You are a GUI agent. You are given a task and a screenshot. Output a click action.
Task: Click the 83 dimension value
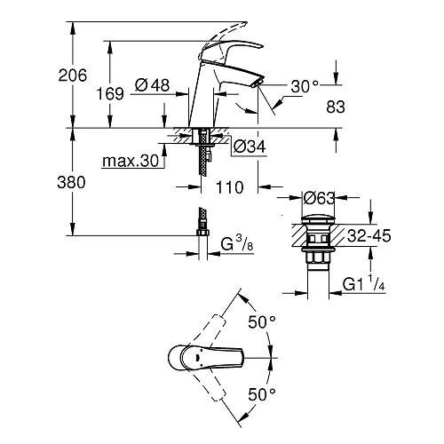[x=337, y=104]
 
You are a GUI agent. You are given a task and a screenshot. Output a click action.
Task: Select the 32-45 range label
[x=367, y=238]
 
